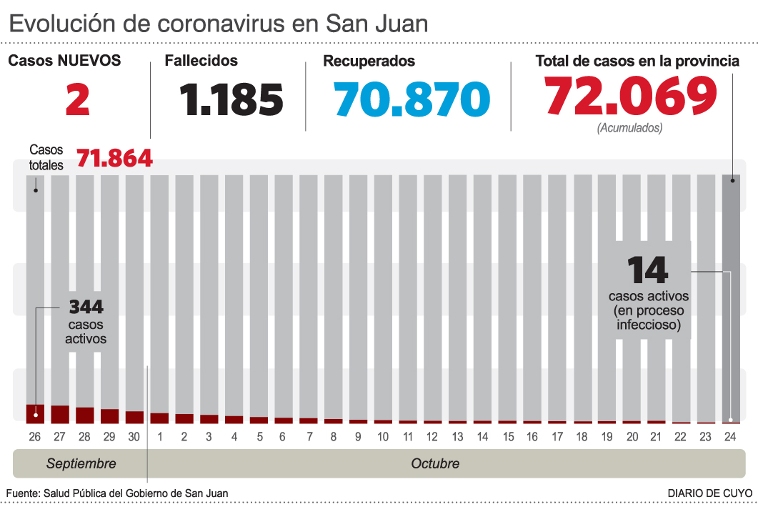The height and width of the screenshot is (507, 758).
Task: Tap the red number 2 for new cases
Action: coord(78,99)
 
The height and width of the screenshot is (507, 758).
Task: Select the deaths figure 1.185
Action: coord(231,99)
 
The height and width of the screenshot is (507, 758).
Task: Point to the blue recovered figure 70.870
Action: coord(412,99)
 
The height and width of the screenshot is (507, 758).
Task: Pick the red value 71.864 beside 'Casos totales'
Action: coord(114,158)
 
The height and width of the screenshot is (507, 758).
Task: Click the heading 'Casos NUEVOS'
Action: coord(64,61)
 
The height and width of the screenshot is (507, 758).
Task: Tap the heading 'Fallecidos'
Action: coord(201,61)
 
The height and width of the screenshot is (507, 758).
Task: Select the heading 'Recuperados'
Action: coord(369,61)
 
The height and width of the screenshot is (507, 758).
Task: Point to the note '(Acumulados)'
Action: coord(629,129)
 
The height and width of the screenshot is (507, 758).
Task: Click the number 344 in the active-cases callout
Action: coord(86,307)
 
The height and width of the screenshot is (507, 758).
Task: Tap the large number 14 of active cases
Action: coord(647,270)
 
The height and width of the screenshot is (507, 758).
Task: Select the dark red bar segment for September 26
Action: coord(35,413)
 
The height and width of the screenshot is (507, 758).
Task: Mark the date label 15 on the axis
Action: coord(508,437)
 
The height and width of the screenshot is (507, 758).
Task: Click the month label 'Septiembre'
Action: coord(81,463)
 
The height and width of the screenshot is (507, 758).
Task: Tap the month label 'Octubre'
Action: coord(435,463)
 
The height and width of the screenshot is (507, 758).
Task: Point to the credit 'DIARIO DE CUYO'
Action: coord(709,493)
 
